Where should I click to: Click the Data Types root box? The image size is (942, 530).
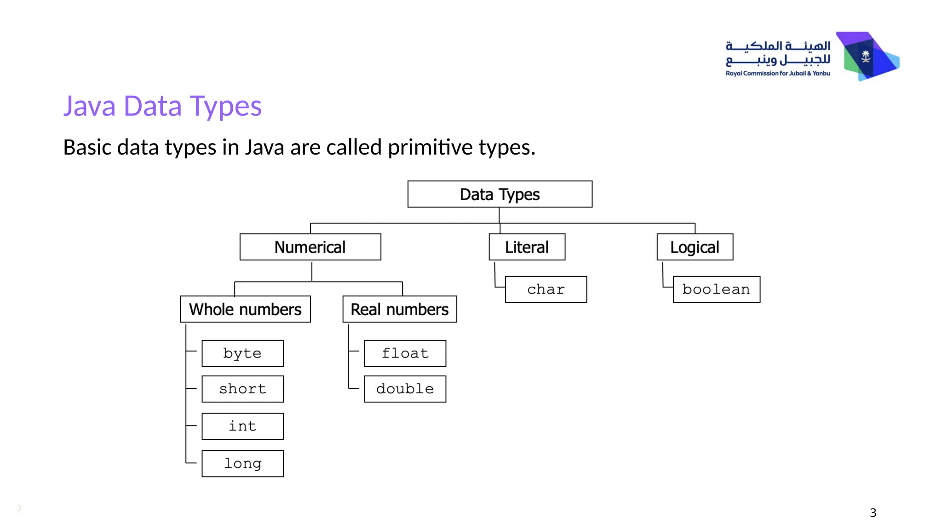500,194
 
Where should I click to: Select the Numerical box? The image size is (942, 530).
310,247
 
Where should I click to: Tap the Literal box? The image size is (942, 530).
527,247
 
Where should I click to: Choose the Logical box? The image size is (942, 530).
695,247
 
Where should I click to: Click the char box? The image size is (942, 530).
546,289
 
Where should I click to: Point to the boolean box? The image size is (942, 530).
716,289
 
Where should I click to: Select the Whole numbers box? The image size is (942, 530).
245,309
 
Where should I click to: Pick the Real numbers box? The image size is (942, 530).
399,309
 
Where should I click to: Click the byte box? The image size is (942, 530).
242,353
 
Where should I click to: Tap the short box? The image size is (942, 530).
242,389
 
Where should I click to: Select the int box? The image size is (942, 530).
242,426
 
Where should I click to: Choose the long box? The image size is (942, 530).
242,463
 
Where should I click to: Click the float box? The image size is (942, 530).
405,353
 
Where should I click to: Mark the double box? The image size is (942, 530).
405,389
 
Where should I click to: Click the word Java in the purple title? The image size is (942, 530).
89,106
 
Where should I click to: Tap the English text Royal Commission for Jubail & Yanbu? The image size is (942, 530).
777,73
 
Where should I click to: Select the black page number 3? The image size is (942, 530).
873,513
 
